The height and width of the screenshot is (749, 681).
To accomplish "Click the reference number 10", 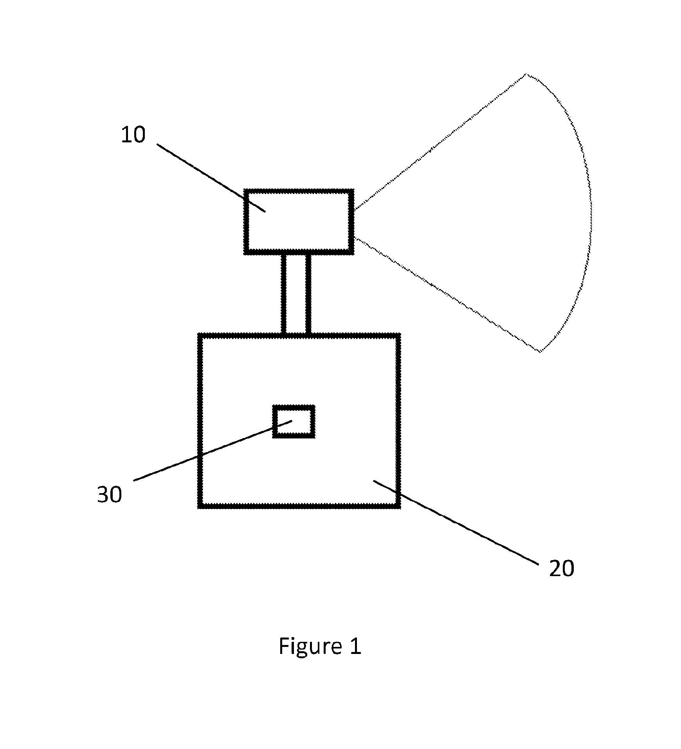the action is [x=133, y=135].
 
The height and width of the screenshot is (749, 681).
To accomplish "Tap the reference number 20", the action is [x=561, y=568].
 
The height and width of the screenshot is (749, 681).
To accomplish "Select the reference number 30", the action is [x=110, y=494].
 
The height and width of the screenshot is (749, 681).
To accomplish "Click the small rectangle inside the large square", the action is [x=294, y=421].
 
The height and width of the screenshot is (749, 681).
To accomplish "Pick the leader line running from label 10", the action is [x=211, y=178].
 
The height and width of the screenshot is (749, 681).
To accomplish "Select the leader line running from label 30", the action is [x=213, y=450].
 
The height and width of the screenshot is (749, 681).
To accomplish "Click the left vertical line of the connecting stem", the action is [x=284, y=294].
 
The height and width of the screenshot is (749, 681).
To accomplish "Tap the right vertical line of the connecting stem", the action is [x=308, y=294].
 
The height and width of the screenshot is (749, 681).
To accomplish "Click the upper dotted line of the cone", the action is [x=440, y=141].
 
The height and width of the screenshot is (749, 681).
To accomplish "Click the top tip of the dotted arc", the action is [x=526, y=74].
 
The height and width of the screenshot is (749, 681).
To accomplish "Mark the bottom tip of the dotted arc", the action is [x=540, y=352].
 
